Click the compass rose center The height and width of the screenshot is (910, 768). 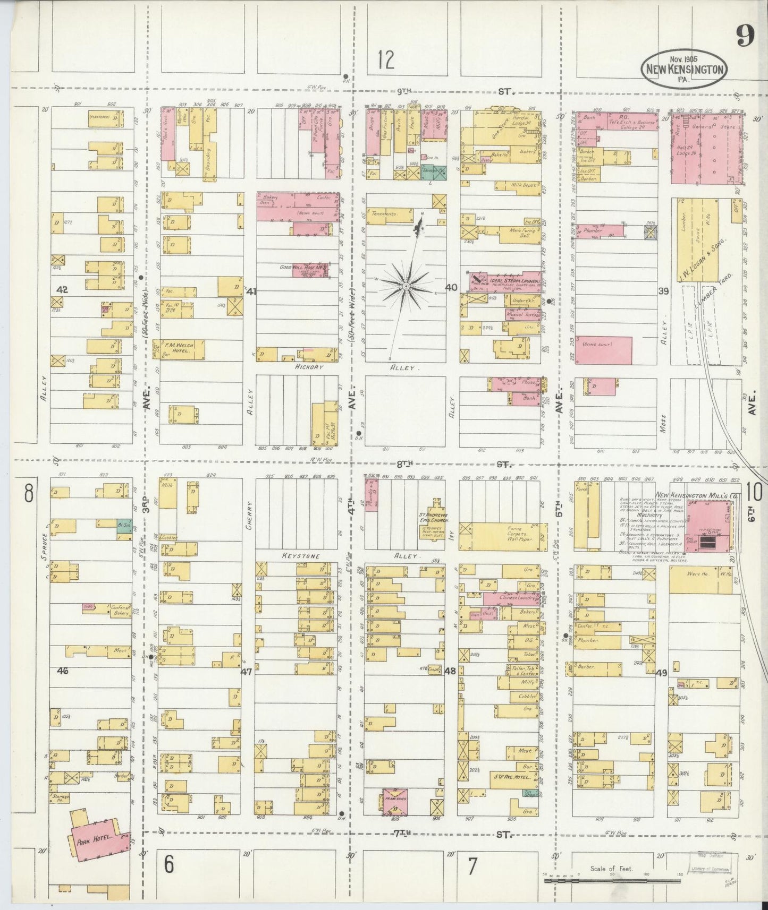point(406,286)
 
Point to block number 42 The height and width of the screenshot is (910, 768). point(63,290)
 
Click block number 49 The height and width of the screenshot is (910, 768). point(661,673)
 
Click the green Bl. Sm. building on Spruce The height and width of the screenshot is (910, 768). point(123,523)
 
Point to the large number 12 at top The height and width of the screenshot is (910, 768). point(386,60)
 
